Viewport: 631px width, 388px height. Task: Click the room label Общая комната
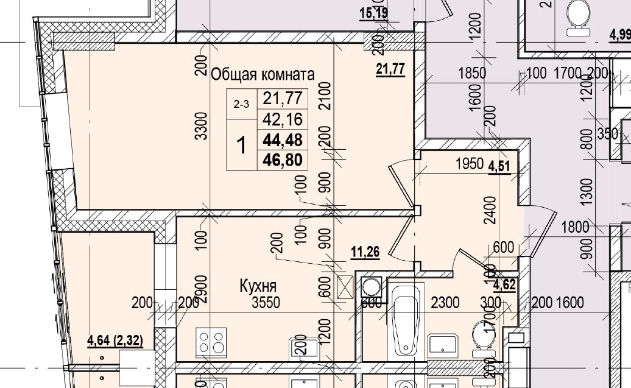point(263,75)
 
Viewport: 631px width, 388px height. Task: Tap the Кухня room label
point(258,286)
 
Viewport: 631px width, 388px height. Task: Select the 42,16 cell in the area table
point(282,118)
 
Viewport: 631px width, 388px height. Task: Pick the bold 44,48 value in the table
point(282,139)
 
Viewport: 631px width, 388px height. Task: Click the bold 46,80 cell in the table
point(282,160)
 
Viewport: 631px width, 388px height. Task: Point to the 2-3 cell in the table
point(242,104)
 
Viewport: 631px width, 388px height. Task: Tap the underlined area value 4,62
point(505,283)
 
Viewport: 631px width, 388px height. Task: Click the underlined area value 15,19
point(374,12)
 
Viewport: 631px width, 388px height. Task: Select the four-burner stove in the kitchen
point(211,342)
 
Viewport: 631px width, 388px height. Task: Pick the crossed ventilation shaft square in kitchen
point(344,286)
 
